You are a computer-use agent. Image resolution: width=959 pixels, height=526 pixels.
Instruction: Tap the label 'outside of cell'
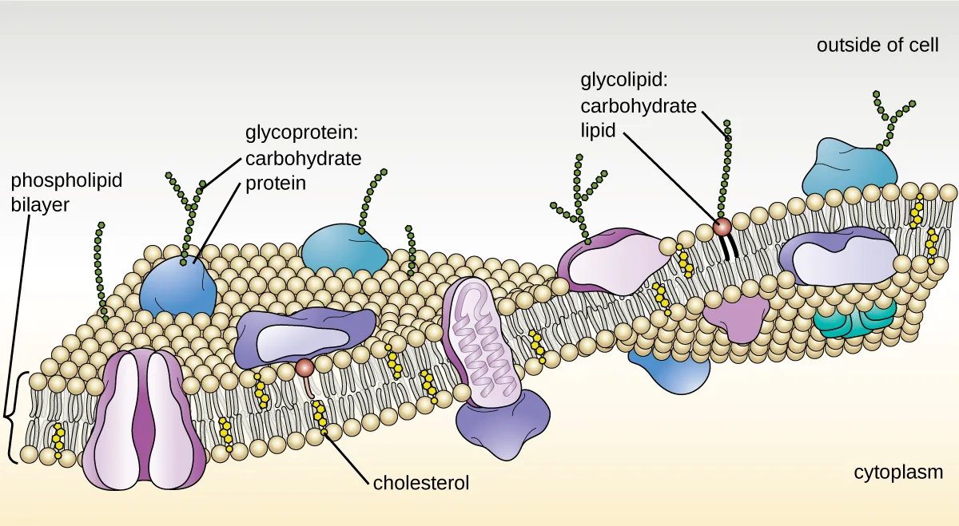(x=877, y=45)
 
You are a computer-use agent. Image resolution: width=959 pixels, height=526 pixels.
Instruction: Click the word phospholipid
(x=67, y=180)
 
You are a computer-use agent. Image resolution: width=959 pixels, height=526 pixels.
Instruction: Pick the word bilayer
(x=40, y=204)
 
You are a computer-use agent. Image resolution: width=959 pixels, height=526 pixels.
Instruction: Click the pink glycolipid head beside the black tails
(x=722, y=227)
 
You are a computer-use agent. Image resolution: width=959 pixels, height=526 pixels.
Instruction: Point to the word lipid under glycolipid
(x=598, y=130)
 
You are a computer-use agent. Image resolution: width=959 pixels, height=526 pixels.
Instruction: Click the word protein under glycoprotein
(x=275, y=183)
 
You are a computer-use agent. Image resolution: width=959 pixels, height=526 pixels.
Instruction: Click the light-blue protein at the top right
(x=850, y=168)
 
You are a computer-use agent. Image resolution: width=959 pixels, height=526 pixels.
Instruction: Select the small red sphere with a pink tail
(x=304, y=367)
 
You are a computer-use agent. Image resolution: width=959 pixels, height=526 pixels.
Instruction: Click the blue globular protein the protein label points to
(x=177, y=285)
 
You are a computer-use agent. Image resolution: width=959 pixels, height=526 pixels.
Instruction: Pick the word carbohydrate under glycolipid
(x=638, y=105)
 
